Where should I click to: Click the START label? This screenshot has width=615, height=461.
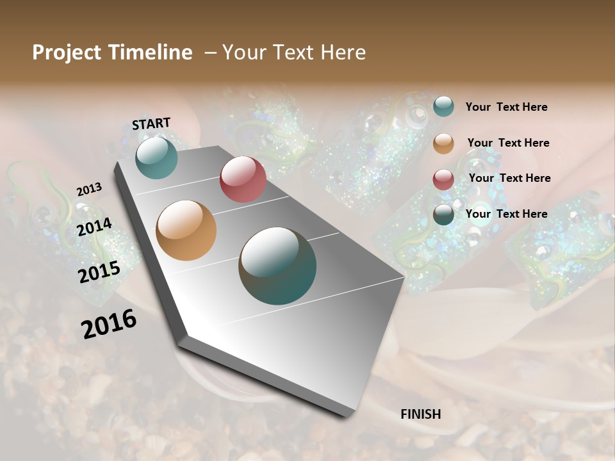tap(151, 124)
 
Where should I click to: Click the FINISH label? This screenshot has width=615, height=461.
tap(420, 414)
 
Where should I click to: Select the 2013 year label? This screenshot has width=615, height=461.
tap(89, 190)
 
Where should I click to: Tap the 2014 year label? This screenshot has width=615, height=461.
tap(95, 227)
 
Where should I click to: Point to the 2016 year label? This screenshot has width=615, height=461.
tap(109, 324)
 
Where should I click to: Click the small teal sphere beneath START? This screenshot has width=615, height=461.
tap(156, 158)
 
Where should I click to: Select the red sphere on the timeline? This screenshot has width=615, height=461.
tap(243, 179)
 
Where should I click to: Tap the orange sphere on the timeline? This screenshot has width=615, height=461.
tap(186, 230)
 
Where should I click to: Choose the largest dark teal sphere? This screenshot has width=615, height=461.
tap(277, 266)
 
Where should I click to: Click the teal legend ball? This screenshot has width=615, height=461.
tap(443, 106)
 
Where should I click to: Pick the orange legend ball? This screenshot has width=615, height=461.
tap(443, 143)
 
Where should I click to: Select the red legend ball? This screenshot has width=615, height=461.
tap(443, 179)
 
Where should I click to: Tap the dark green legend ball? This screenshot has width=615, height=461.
tap(443, 214)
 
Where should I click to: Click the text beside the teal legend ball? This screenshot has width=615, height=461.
tap(506, 108)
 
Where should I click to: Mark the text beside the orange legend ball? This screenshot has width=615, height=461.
tap(508, 143)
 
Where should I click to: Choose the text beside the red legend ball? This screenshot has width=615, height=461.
tap(509, 179)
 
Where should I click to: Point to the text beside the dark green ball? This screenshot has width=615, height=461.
tap(506, 214)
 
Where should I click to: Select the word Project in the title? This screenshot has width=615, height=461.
tap(67, 53)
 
